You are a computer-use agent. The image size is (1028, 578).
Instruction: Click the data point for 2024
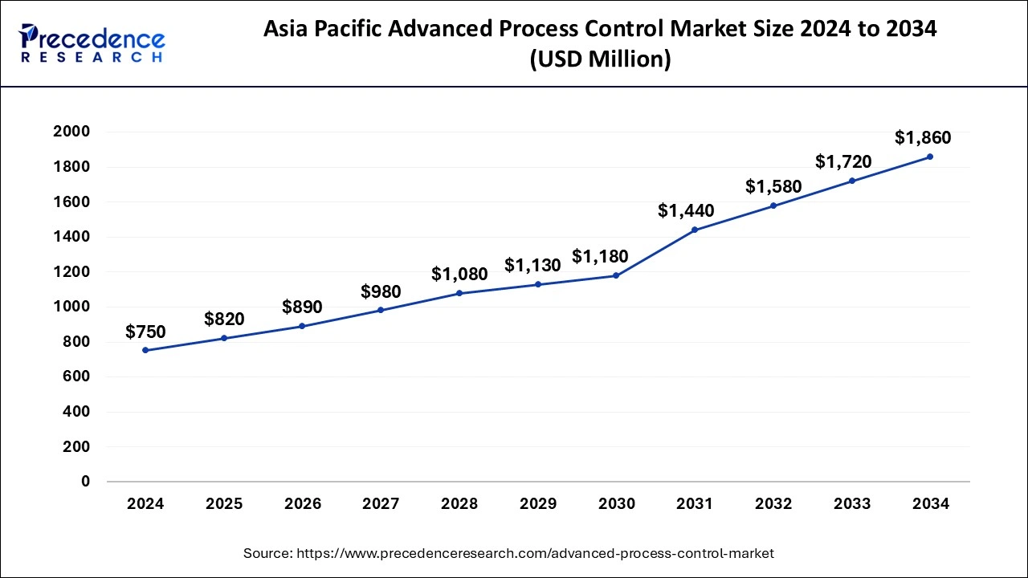145,350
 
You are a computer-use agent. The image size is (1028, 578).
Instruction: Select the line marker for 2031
695,230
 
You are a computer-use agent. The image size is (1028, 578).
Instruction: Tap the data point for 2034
930,157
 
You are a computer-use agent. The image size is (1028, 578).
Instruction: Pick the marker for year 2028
459,293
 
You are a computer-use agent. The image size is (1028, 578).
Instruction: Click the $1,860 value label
923,137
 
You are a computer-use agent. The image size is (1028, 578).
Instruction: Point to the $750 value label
145,332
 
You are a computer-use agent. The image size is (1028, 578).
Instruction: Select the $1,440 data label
686,211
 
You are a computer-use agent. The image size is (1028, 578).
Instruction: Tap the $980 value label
381,291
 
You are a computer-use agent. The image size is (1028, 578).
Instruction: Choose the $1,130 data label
532,265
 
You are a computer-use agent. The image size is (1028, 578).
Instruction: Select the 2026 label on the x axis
303,504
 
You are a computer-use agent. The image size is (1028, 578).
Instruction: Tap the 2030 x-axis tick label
616,504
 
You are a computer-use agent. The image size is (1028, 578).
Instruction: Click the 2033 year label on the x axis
852,504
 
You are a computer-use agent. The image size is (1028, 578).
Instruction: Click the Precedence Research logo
92,43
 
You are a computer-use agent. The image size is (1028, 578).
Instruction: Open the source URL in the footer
535,553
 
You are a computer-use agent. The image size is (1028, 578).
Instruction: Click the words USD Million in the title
600,59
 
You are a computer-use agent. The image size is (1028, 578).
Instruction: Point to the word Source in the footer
267,553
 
